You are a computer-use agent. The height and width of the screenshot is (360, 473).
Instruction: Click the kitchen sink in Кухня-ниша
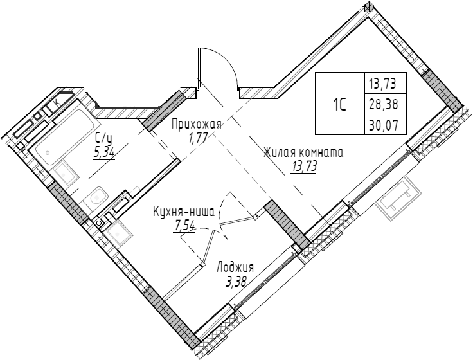[x=120, y=230]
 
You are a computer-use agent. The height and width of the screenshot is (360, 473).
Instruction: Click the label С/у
[x=103, y=138]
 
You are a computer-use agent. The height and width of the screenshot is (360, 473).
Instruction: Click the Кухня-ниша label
[x=184, y=211]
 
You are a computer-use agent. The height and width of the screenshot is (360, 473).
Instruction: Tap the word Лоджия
[x=235, y=267]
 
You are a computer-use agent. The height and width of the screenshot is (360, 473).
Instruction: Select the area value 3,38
[x=236, y=281]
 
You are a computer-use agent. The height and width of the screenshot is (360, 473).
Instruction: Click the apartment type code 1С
[x=340, y=103]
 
